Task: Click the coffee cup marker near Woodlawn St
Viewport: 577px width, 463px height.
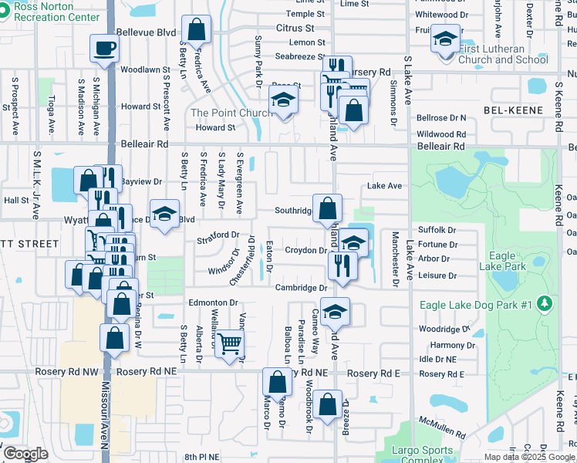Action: coord(104,49)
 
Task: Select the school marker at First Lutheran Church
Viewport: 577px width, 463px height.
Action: coord(444,39)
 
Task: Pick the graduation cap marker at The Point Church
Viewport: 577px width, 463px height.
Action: coord(283,100)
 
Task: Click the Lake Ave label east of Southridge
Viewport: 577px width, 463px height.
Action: coord(385,186)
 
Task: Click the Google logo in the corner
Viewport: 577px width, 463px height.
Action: coord(26,454)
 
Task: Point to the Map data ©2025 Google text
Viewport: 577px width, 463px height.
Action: coord(528,457)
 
